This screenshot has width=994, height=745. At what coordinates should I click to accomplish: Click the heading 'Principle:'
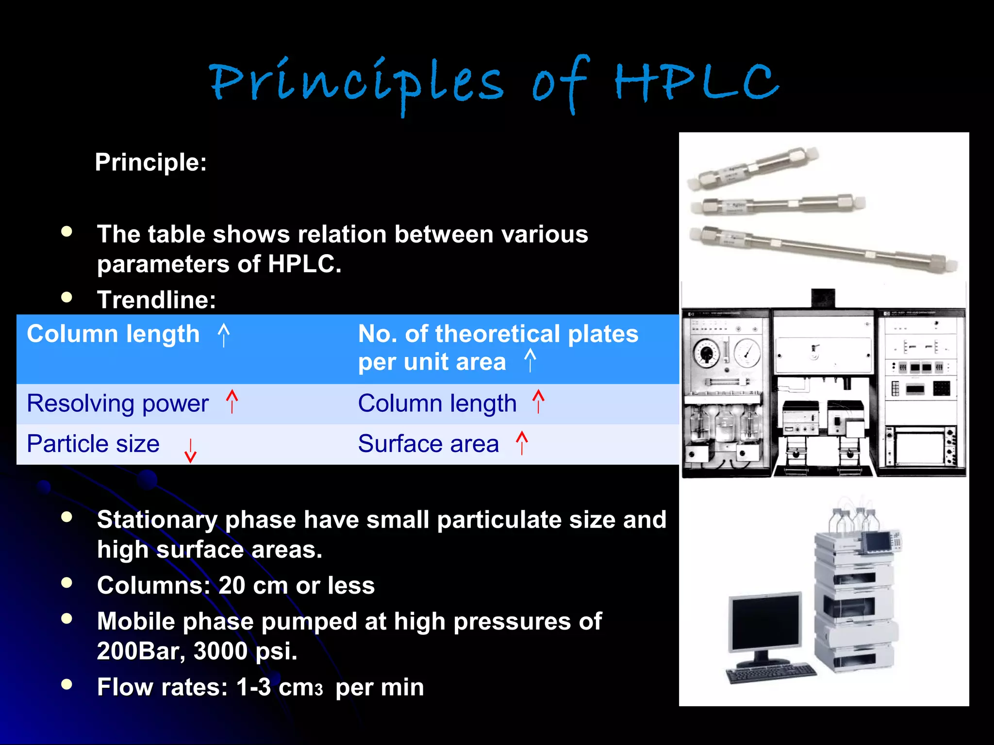150,162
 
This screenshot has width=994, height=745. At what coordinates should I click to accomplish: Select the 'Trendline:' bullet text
156,299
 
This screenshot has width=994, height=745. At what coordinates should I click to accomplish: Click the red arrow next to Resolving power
232,402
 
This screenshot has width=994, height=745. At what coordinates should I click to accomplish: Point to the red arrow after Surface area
522,442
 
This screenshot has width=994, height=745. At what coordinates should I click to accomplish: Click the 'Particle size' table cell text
93,444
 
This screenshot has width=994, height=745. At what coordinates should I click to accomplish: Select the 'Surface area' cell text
428,444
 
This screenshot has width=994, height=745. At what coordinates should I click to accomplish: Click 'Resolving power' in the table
118,404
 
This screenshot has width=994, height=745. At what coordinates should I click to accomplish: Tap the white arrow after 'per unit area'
530,360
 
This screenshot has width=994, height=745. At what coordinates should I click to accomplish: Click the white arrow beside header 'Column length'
223,335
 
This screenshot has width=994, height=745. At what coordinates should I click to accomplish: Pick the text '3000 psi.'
245,651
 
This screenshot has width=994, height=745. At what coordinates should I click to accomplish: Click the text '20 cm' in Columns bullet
253,585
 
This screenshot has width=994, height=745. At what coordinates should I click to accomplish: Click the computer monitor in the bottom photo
765,623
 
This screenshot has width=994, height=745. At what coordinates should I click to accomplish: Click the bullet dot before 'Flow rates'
67,684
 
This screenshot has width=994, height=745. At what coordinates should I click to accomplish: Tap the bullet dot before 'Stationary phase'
67,517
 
